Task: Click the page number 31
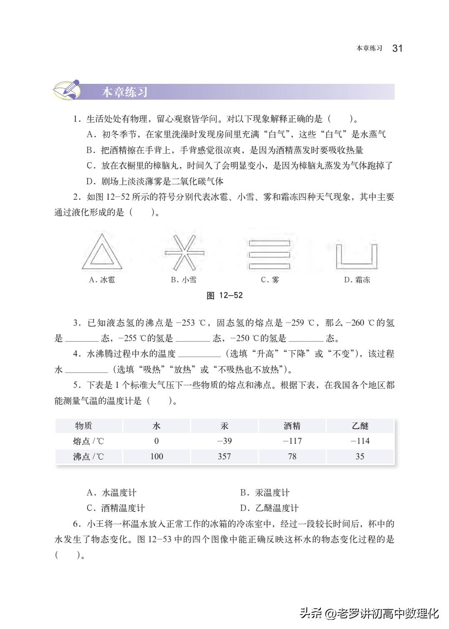[397, 48]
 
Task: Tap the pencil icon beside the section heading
[67, 90]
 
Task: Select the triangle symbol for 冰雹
[102, 252]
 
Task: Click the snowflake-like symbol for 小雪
[184, 252]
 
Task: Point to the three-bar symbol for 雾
[269, 254]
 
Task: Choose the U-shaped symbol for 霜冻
[356, 256]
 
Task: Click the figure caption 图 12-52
[224, 295]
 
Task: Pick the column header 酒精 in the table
[292, 426]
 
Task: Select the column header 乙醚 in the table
[360, 426]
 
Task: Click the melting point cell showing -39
[224, 441]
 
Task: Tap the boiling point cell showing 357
[224, 456]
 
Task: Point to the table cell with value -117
[292, 441]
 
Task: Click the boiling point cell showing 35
[360, 456]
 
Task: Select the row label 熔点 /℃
[88, 441]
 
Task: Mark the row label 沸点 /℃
[88, 456]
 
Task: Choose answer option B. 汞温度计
[265, 493]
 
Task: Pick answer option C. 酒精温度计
[116, 508]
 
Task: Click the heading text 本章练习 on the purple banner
[125, 92]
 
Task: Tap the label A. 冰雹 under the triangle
[102, 280]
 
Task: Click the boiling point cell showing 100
[156, 456]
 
